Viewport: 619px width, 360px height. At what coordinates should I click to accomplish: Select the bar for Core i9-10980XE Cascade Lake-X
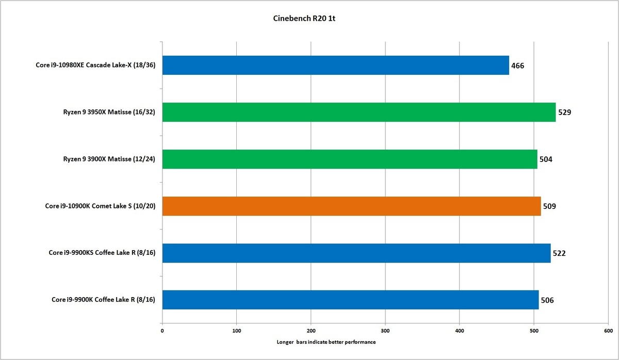[x=335, y=65]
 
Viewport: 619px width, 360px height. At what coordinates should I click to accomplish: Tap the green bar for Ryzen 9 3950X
[x=359, y=112]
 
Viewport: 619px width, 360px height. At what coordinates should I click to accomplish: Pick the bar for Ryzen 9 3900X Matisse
[x=349, y=159]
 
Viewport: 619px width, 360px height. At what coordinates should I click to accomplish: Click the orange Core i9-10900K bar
[x=351, y=206]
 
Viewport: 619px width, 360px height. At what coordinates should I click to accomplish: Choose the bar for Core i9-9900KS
[x=356, y=253]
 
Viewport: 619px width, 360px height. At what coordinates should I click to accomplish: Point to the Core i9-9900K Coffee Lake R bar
[x=350, y=299]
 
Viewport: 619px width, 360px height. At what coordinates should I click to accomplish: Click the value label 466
[x=518, y=66]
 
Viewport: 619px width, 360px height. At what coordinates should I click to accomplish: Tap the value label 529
[x=565, y=112]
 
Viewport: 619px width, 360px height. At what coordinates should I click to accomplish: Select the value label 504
[x=546, y=159]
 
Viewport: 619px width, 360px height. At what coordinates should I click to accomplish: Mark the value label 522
[x=560, y=253]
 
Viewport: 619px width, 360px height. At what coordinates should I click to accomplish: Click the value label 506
[x=547, y=300]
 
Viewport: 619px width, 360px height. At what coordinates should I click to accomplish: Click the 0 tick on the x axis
[x=162, y=331]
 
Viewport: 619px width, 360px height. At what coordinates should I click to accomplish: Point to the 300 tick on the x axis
[x=385, y=331]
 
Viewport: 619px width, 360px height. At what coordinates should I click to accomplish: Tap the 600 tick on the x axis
[x=608, y=331]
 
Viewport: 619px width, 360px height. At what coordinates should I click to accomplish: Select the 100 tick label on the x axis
[x=237, y=331]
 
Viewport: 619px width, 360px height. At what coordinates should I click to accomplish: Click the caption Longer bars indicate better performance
[x=326, y=342]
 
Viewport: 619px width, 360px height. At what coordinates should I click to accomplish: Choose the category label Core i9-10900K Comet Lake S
[x=101, y=206]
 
